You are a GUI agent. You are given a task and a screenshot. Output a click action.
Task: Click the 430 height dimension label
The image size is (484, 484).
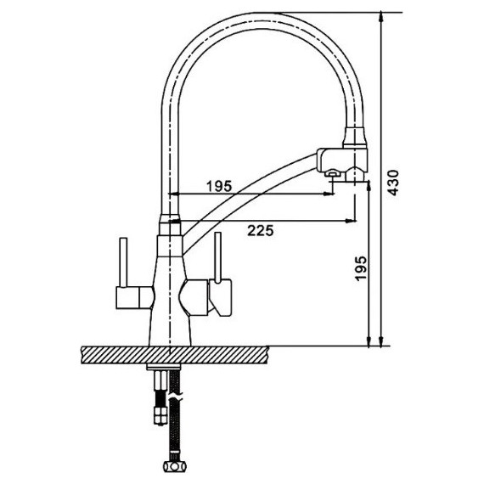coord(393,182)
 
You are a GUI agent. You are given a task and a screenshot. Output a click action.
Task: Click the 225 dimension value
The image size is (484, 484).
coord(260,231)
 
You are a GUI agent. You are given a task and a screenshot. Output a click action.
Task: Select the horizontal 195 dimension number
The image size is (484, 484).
coord(219,186)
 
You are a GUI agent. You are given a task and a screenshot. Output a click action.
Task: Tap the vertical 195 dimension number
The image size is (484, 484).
coord(361,268)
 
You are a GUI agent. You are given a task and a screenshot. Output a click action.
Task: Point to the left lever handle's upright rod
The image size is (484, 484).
coord(123,262)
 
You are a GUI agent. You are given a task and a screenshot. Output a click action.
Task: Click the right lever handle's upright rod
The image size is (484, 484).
coord(218,257)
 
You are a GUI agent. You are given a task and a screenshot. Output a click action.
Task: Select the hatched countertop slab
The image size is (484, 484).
coord(175,355)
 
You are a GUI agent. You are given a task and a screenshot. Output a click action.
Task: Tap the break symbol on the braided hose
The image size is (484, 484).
coord(176,395)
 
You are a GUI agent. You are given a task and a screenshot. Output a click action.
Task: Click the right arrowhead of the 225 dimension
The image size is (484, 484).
coord(351,221)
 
